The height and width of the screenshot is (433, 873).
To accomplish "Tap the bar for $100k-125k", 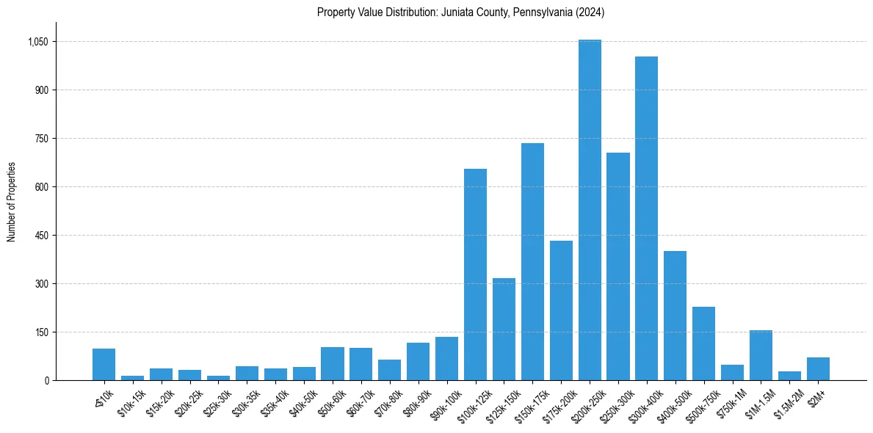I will coord(475,274).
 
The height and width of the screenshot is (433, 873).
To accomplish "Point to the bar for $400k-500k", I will coord(675,316).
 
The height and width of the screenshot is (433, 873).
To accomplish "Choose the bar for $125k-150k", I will coord(504,330).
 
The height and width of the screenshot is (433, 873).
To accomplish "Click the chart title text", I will coord(460,12).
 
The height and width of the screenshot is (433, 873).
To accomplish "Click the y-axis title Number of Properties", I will coord(12,202).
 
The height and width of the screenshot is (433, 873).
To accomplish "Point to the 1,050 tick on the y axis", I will coord(37,42).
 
